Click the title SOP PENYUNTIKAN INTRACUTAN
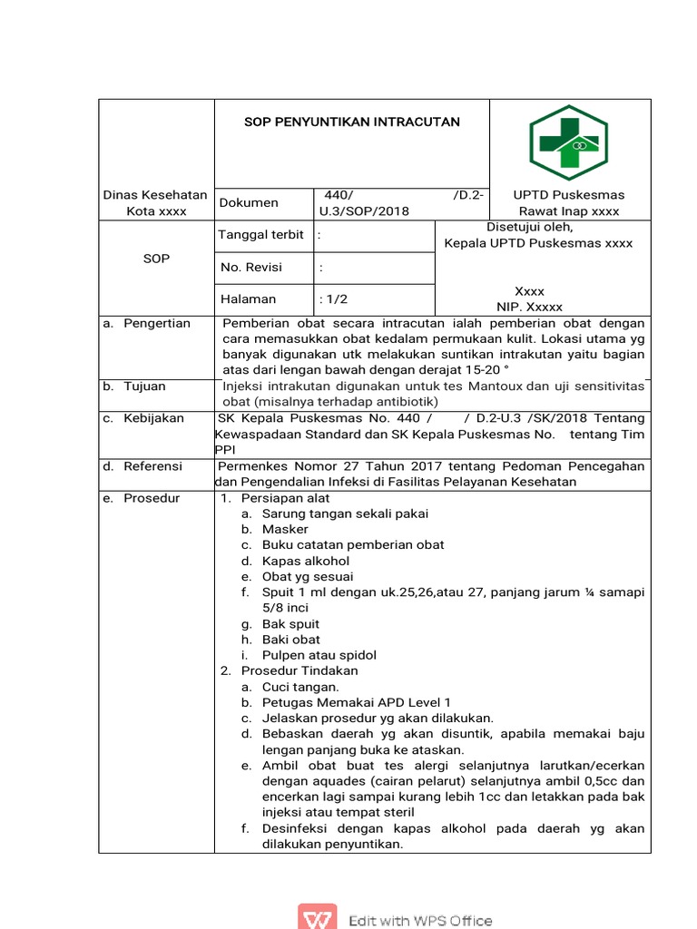[351, 122]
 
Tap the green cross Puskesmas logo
[569, 142]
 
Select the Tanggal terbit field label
[260, 235]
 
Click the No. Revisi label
[251, 268]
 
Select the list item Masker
[285, 529]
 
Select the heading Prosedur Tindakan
[299, 670]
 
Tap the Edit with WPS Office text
[420, 920]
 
